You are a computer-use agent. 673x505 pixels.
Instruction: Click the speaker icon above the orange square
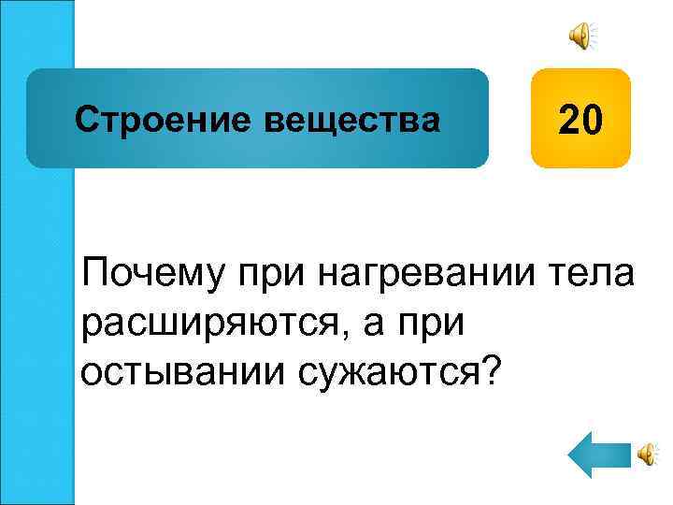coord(580,36)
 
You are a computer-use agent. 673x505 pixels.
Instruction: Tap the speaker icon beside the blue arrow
coord(647,455)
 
